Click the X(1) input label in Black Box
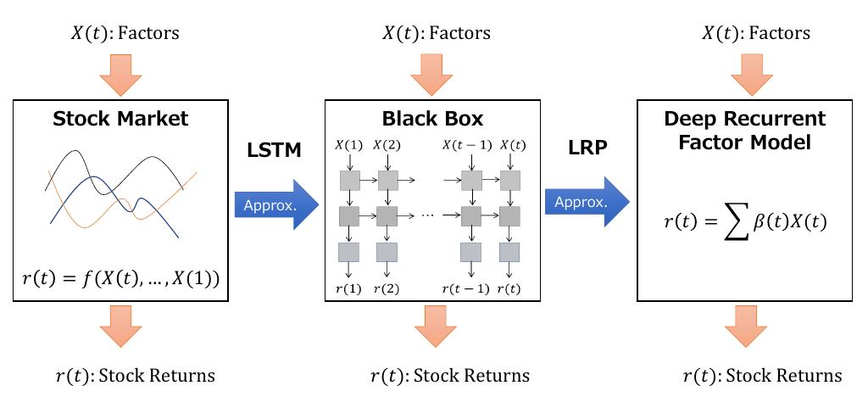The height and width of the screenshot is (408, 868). (x=349, y=145)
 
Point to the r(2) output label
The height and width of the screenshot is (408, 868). (x=387, y=288)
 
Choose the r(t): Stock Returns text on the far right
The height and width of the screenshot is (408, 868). (x=762, y=376)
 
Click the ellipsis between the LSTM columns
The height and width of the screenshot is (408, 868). (x=426, y=215)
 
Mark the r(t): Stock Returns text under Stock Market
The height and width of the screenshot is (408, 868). (x=135, y=375)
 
